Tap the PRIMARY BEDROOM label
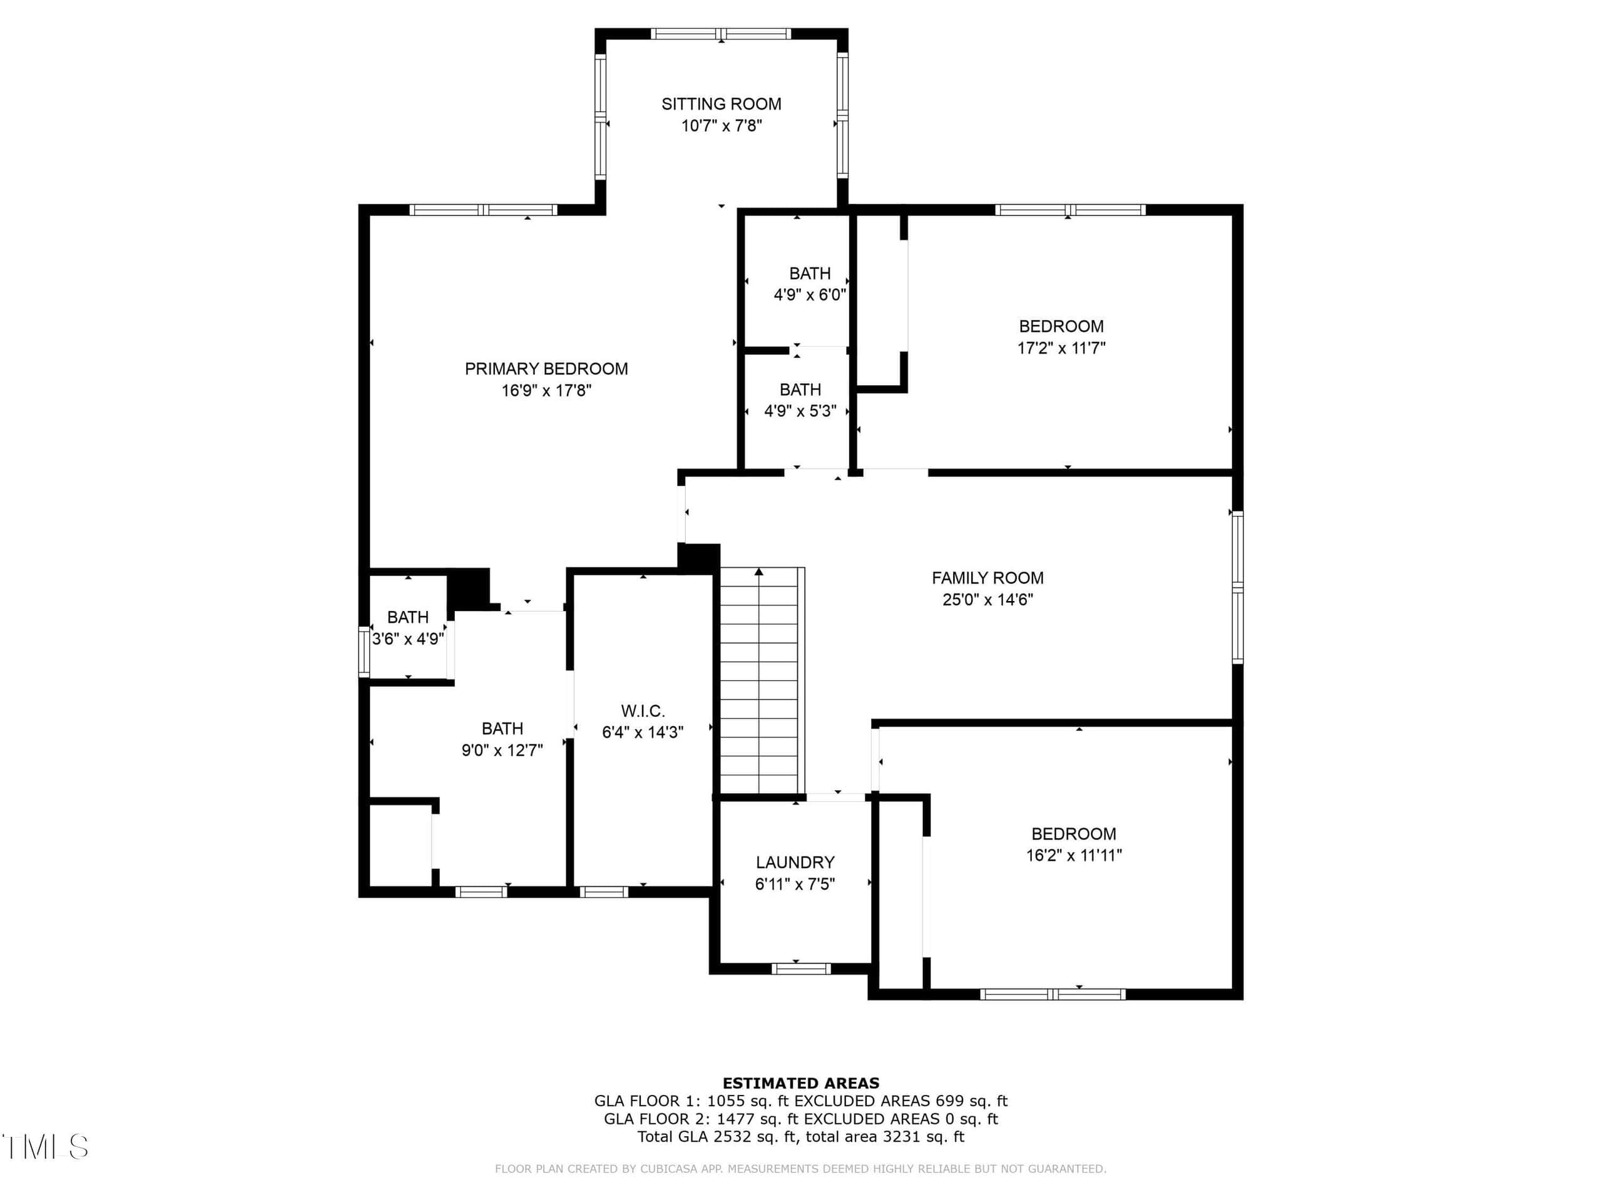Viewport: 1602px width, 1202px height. [546, 369]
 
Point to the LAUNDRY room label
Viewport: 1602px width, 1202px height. [795, 862]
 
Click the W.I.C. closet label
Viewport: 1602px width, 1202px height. [643, 711]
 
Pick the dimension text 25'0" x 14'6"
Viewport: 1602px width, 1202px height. [987, 600]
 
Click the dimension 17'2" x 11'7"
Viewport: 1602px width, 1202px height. [1061, 348]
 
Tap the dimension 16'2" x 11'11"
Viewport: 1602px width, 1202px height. [1073, 855]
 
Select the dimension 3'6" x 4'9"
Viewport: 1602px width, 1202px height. [408, 639]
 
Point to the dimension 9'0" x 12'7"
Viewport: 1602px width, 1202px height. [502, 750]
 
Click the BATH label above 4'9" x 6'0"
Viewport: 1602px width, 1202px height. [810, 274]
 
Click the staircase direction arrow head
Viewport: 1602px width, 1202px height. [758, 572]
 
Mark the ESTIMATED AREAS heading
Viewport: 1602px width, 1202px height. [801, 1083]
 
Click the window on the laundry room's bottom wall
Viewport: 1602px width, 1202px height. [800, 968]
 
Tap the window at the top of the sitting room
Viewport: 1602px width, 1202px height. [721, 33]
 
